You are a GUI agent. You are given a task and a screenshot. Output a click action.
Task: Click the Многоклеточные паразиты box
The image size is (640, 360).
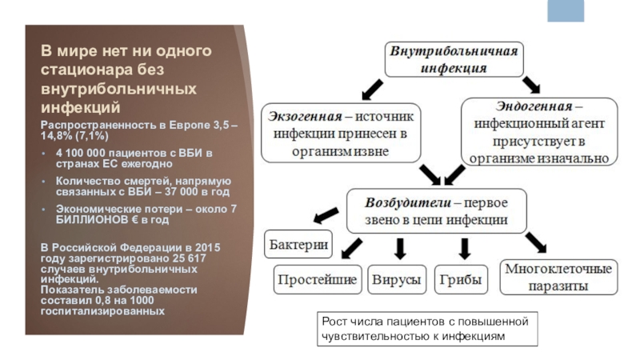point(558,276)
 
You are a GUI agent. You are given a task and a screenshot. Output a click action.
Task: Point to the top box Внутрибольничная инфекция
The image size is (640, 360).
point(454,59)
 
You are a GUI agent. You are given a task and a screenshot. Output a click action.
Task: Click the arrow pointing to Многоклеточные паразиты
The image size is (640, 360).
point(534,240)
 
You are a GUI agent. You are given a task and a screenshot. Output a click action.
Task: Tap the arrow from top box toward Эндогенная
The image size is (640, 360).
point(531,85)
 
